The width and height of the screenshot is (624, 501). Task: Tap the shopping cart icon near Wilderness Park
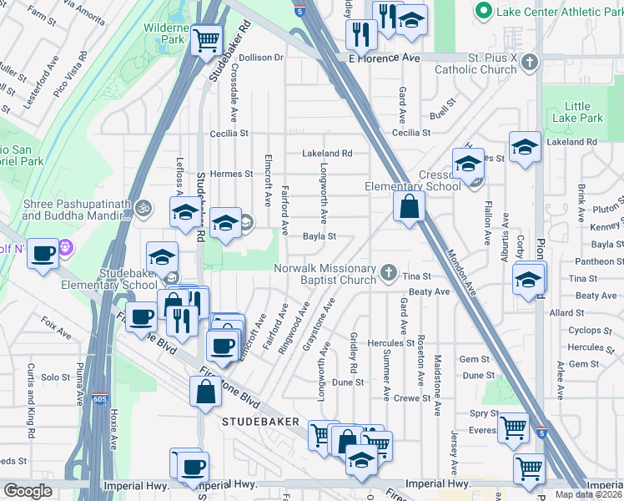coord(205,39)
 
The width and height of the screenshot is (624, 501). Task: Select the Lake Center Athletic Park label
coord(556,12)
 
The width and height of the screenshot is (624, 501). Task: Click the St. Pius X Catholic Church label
coord(488,63)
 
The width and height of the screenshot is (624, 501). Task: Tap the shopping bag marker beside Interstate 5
coord(409,208)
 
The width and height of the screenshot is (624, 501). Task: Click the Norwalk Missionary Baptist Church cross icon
coord(388,272)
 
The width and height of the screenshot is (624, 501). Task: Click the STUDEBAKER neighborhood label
coord(260,423)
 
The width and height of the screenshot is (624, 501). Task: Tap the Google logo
coord(28,490)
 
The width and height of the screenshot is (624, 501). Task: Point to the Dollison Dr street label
coord(262,58)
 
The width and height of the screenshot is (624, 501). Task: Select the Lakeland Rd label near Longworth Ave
coord(327,154)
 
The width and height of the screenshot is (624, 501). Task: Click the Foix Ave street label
coord(57,326)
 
